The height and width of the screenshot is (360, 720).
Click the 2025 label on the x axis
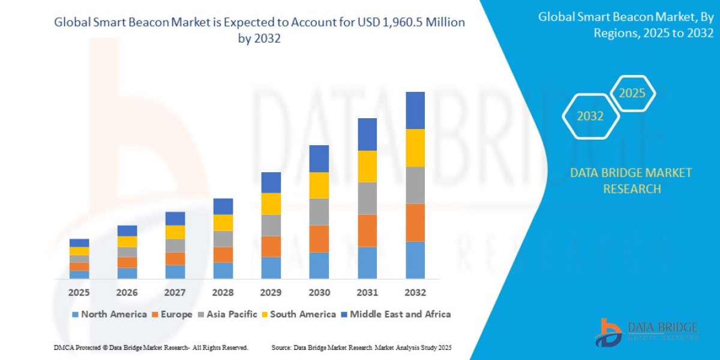point(79,293)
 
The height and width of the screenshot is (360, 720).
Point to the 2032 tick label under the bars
point(415,293)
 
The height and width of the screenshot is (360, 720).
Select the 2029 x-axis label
point(271,293)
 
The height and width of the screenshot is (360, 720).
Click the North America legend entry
point(109,314)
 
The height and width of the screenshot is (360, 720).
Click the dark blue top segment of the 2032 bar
point(415,110)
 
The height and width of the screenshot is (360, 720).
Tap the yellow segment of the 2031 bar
point(367,166)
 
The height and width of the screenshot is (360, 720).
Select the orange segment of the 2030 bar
point(319,239)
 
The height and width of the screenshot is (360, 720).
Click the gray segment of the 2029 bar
point(271,225)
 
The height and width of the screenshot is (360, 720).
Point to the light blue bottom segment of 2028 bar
point(223,271)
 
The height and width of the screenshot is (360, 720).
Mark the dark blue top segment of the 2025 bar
point(79,242)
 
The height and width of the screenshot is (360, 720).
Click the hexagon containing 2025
point(632,94)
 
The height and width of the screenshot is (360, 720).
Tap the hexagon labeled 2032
point(590,116)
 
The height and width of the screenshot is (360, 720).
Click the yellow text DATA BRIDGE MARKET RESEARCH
point(631,181)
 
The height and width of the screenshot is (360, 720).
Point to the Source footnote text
point(361,348)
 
